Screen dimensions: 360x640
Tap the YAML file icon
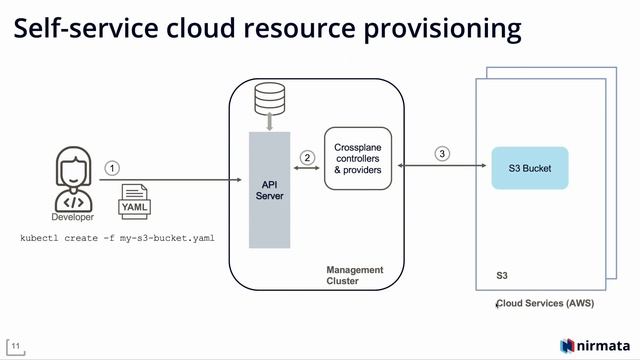(135, 200)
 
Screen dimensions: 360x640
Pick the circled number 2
(307, 157)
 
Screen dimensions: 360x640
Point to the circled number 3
(441, 154)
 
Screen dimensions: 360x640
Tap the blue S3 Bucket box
(530, 168)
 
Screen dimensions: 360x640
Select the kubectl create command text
(118, 239)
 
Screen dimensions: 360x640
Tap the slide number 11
(16, 346)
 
